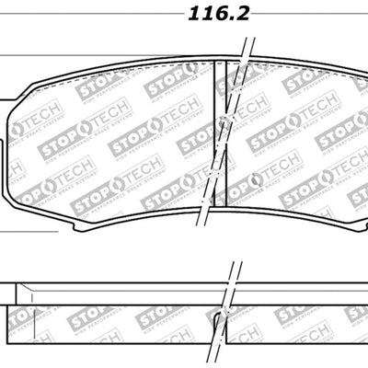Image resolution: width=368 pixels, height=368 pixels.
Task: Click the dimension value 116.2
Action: [219, 14]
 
